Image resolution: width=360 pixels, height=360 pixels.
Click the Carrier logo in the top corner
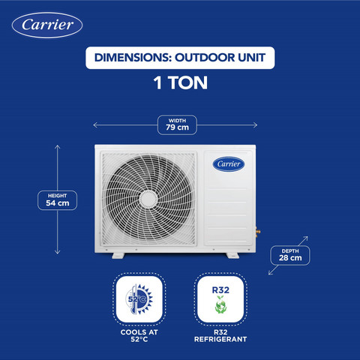47,25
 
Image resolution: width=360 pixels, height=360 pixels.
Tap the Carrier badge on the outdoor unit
229,164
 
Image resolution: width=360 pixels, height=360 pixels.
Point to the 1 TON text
180,82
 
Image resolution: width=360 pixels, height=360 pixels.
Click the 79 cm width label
177,127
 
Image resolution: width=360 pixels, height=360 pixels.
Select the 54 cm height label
58,203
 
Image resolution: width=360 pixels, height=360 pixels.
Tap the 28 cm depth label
290,258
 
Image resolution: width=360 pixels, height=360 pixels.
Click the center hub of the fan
148,199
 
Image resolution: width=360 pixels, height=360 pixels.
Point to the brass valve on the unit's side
258,232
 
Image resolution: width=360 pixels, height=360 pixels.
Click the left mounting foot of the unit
118,256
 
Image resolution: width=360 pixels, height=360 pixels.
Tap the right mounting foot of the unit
232,256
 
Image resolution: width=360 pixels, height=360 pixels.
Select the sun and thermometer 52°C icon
139,299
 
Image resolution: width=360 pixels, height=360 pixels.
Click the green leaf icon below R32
220,304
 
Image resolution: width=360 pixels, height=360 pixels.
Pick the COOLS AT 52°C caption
139,336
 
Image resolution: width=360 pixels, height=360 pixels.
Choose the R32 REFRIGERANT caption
220,336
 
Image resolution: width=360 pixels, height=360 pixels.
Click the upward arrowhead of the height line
58,145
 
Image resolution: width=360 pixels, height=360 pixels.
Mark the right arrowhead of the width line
256,125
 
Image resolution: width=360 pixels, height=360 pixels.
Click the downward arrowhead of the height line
58,253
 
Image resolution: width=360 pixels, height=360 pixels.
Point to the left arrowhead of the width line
94,125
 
